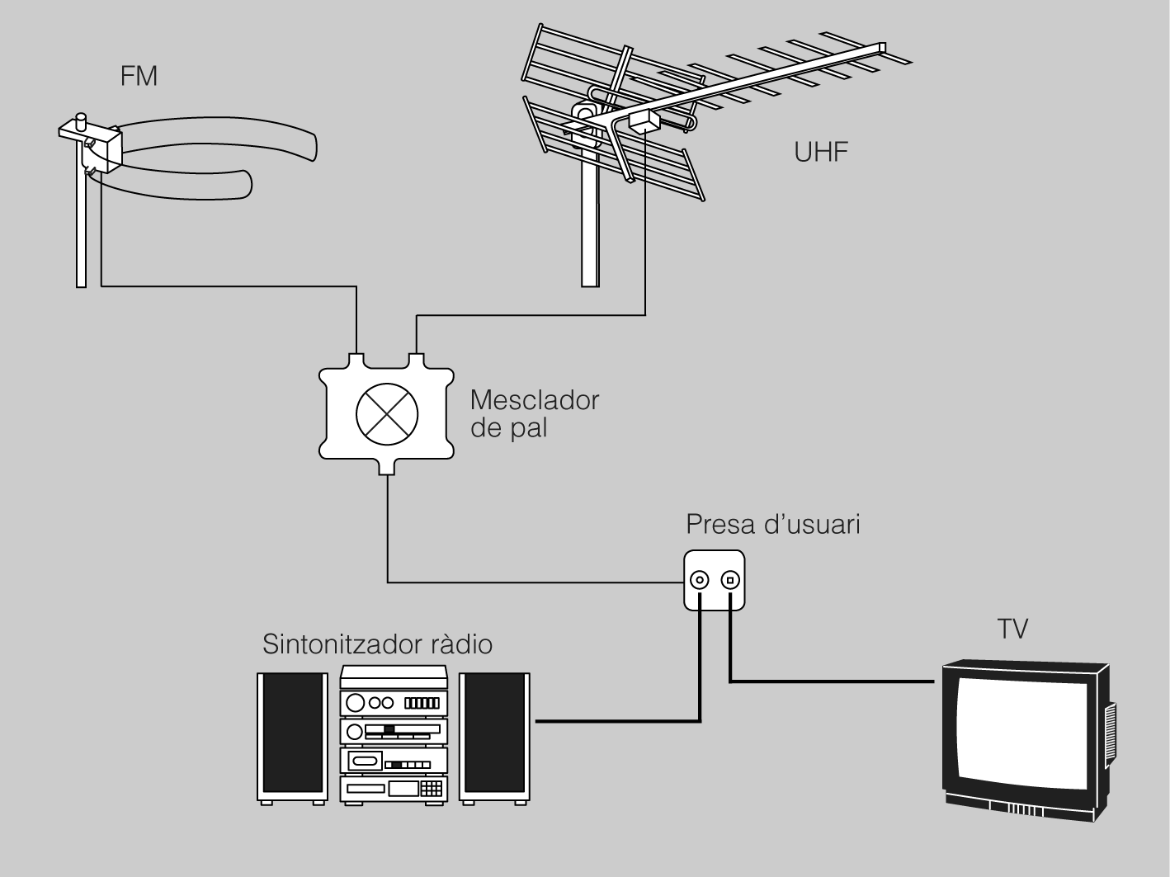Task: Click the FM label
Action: (139, 77)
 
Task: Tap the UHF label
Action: (821, 152)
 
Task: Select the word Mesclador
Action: (534, 400)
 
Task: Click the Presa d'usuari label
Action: (773, 525)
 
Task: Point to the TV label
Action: (1012, 629)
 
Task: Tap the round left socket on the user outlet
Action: (700, 580)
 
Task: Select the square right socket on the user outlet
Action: (729, 580)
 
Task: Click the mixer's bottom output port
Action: (388, 469)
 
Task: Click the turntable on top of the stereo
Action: (394, 677)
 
